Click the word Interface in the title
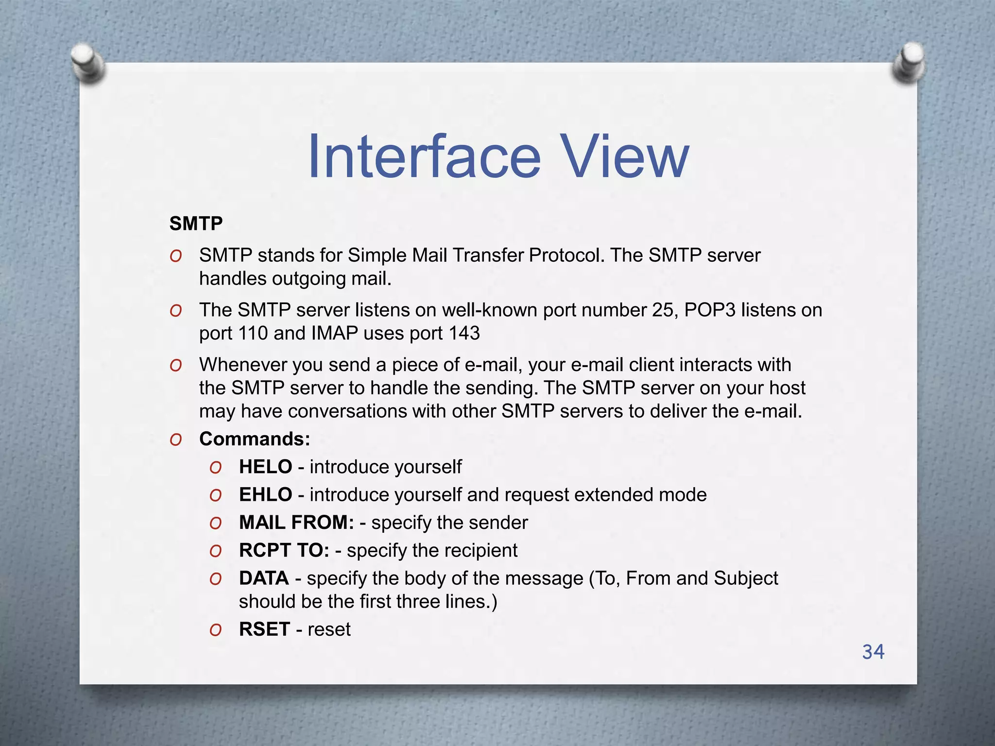click(424, 157)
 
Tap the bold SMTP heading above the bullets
click(196, 224)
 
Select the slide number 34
click(873, 652)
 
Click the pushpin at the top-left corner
click(87, 62)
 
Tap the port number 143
click(464, 333)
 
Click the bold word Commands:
click(255, 439)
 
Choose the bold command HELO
click(265, 467)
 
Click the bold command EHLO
click(265, 494)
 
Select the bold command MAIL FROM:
click(296, 523)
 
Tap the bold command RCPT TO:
click(284, 550)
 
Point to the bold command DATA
click(264, 578)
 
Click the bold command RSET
click(264, 629)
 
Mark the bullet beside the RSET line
click(215, 630)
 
